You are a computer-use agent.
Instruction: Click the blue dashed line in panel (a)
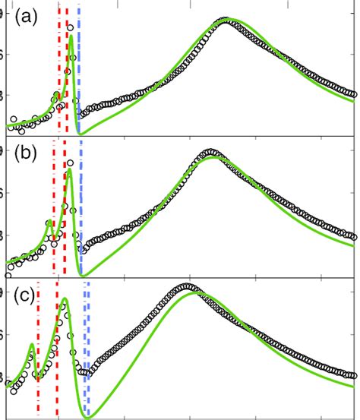[79, 68]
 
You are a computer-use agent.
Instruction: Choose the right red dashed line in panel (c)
[57, 357]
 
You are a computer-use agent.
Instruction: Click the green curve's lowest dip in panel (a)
[81, 134]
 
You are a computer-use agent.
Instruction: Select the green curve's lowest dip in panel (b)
[84, 274]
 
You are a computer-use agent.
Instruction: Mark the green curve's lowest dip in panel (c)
[89, 416]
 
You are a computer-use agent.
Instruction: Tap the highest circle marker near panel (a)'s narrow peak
[71, 27]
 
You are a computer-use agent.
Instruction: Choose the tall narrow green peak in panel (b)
[69, 170]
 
